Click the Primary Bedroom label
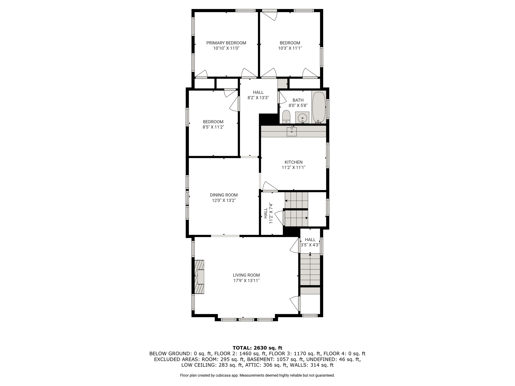coord(226,43)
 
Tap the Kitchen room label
coord(293,162)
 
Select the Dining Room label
coord(224,195)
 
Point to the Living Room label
coord(246,275)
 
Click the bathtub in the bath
coord(319,107)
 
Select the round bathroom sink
coord(302,117)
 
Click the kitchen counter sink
coord(292,131)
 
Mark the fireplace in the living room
coord(199,277)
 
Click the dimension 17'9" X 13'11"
coord(246,281)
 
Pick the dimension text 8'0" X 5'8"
coord(298,106)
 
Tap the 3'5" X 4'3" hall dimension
coord(310,245)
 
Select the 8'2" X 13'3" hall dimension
coord(258,98)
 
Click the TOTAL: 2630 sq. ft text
coord(257,348)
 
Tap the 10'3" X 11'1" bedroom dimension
coord(290,48)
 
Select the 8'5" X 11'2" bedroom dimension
coord(213,127)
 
